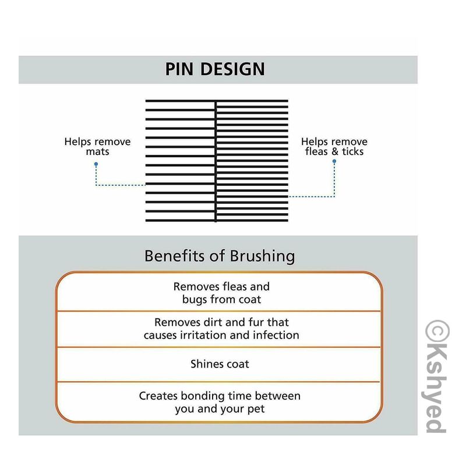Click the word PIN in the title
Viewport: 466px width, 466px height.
click(x=179, y=69)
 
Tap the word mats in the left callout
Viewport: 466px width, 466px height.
click(x=97, y=152)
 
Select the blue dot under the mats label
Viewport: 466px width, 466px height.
click(x=96, y=164)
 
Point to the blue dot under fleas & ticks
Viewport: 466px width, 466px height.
click(x=334, y=161)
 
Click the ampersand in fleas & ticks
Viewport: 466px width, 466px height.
click(x=335, y=151)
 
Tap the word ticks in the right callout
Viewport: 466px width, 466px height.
click(x=353, y=151)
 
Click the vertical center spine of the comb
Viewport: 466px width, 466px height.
click(x=216, y=161)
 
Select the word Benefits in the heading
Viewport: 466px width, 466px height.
click(x=175, y=256)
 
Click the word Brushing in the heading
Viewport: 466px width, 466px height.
click(x=263, y=256)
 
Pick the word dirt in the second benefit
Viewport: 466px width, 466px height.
click(x=212, y=322)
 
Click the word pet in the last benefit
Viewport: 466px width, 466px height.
click(x=256, y=409)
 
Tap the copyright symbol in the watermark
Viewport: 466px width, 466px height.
click(x=437, y=332)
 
